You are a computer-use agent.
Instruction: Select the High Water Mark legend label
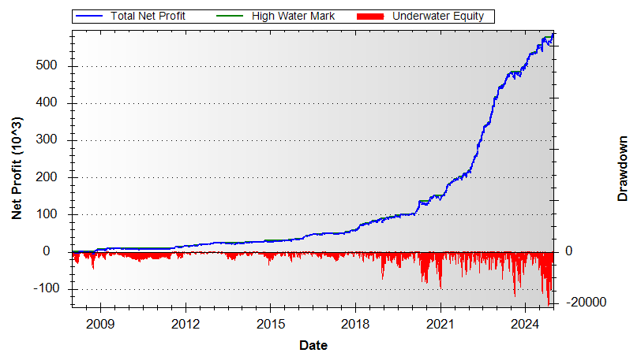pos(293,16)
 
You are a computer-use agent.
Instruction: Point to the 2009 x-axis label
pos(100,323)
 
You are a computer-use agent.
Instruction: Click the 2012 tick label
pos(186,323)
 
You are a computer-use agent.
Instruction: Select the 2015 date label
pos(271,323)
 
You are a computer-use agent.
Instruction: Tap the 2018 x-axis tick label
pos(355,323)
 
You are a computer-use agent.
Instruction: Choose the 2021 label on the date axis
pos(440,323)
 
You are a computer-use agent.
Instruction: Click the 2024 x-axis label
pos(525,323)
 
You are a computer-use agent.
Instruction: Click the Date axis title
pos(313,345)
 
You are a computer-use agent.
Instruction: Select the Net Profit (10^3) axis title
pos(17,169)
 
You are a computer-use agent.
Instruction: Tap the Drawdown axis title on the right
pos(623,169)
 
